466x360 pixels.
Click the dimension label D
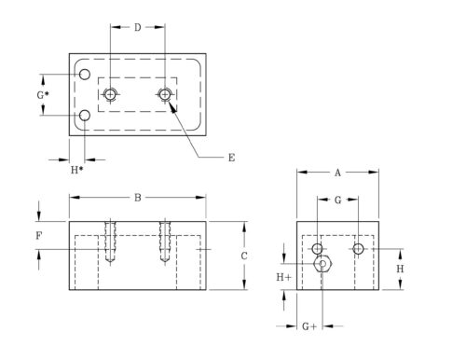pos(137,27)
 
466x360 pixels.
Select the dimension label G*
pos(43,95)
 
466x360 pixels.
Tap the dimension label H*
pos(76,170)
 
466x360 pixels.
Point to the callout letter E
pos(231,158)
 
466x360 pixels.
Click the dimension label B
pos(137,198)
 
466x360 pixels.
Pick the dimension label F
pos(38,236)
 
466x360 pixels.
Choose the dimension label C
pos(244,256)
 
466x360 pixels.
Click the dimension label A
pos(337,173)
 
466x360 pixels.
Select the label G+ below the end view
pos(309,326)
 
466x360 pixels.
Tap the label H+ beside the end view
pos(283,277)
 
